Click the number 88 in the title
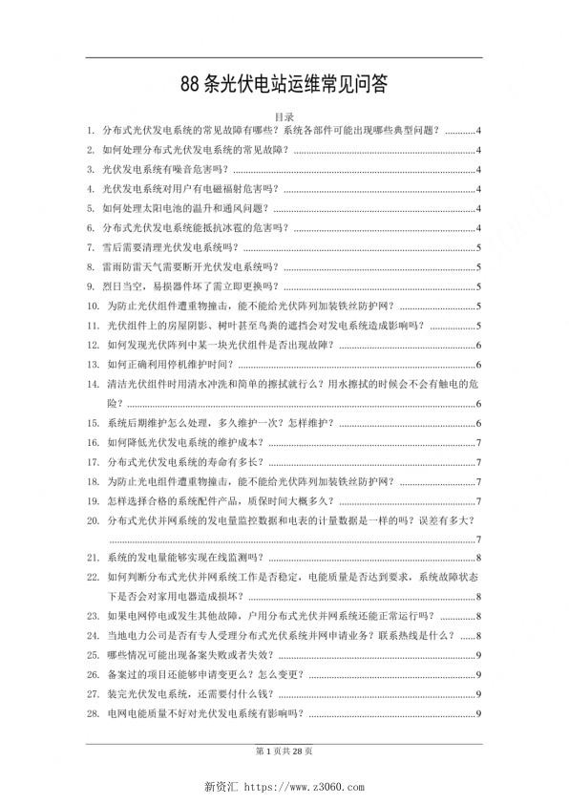point(191,84)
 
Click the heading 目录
point(284,116)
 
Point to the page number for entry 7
point(477,247)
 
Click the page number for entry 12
point(477,345)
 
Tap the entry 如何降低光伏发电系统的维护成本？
point(185,442)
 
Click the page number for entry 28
point(477,713)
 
